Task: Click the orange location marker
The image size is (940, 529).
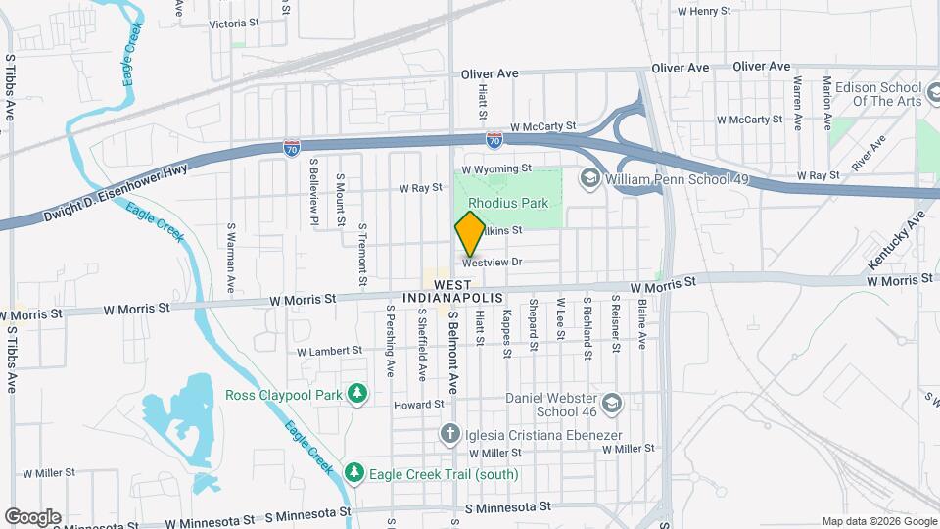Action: [x=470, y=233]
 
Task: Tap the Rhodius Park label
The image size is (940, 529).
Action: [x=507, y=203]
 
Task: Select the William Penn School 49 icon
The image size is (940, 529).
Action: [x=590, y=178]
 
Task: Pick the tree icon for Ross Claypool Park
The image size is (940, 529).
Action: [x=358, y=394]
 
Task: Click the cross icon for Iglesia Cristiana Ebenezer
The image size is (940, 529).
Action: [x=449, y=432]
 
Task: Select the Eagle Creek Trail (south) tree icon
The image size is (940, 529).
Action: [x=354, y=474]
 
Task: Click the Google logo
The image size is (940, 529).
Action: [x=32, y=516]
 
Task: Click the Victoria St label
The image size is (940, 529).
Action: [x=234, y=23]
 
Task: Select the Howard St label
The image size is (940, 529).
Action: [x=412, y=405]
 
